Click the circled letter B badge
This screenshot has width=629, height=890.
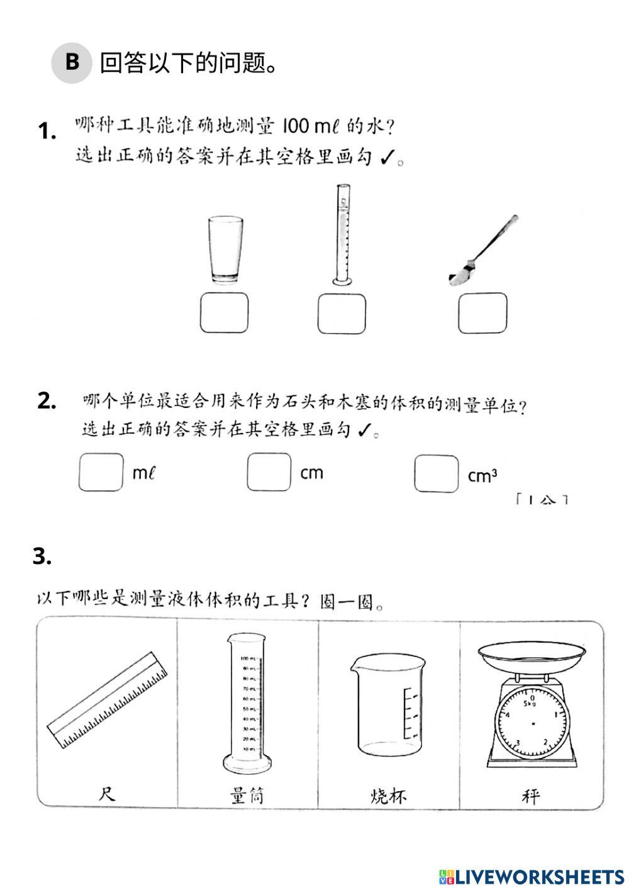72,62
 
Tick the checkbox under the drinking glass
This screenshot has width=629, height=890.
224,313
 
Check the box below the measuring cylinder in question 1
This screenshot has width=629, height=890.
342,313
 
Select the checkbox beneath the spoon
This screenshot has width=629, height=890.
482,313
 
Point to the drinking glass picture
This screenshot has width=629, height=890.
225,250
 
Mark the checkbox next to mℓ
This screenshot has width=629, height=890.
101,472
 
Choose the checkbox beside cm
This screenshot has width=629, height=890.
269,472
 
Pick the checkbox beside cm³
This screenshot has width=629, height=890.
436,473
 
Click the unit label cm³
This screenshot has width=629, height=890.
482,476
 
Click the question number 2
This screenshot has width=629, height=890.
47,400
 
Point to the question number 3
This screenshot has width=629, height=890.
42,556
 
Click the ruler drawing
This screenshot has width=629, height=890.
108,700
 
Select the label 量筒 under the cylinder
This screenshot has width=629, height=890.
247,796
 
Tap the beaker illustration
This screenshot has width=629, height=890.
388,703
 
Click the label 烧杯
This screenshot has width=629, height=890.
388,796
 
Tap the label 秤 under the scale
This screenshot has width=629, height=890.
530,796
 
